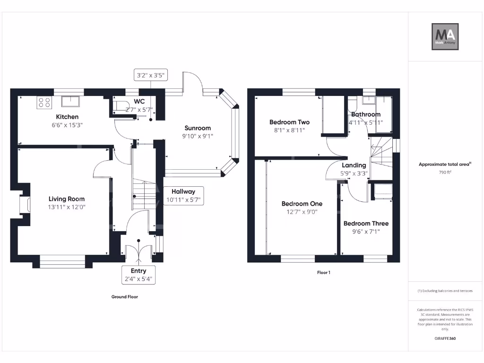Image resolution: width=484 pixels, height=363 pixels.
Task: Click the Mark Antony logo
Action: tap(445, 37)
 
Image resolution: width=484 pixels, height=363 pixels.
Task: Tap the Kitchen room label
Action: tap(67, 117)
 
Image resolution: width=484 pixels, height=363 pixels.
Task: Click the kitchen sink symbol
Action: tap(71, 102)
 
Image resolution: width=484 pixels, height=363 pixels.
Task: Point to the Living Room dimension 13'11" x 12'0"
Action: tap(67, 207)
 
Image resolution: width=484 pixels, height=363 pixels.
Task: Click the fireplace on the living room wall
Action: tap(24, 205)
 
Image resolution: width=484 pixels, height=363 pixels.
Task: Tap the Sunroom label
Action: tap(198, 128)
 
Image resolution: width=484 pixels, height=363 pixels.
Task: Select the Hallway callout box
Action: tap(183, 196)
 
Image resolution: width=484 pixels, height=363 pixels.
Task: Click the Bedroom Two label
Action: tap(289, 122)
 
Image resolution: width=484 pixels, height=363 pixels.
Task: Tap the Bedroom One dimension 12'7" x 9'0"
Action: tap(302, 212)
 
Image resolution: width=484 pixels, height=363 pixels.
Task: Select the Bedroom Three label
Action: tap(366, 224)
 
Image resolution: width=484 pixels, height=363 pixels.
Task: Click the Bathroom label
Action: tap(366, 114)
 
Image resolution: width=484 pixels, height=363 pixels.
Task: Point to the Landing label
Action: tap(354, 165)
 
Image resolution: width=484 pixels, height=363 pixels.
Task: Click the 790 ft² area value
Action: tap(445, 173)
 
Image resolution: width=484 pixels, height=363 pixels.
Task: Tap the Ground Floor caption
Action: tap(124, 297)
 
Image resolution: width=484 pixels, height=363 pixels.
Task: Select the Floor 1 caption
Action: tap(323, 273)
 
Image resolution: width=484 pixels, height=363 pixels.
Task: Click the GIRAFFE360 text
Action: tap(445, 338)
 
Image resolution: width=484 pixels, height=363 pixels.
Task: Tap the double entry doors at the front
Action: tap(138, 250)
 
